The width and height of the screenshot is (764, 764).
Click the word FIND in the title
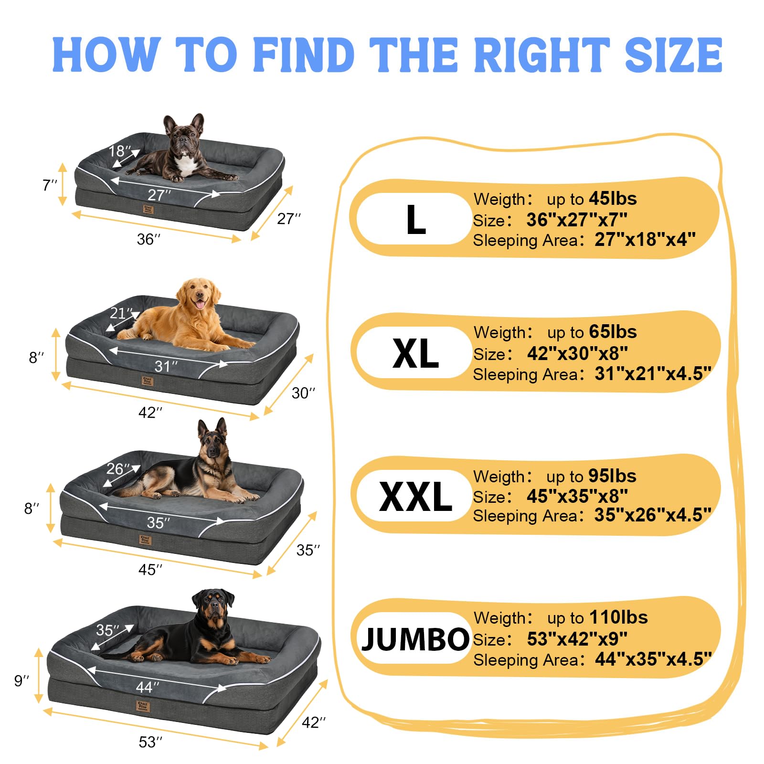[304, 55]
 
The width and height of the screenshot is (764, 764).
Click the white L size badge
[414, 219]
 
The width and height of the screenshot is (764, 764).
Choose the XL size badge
[414, 353]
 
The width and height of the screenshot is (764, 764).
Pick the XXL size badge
[414, 496]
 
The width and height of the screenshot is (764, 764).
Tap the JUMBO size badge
[414, 638]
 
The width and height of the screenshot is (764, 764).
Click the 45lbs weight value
[613, 199]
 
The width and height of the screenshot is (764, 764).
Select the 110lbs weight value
[618, 617]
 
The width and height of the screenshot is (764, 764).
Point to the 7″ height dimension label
[50, 185]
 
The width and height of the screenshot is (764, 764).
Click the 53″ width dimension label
[150, 742]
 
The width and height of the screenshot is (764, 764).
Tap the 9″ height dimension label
[21, 680]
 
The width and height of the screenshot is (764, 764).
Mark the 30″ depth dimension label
[303, 393]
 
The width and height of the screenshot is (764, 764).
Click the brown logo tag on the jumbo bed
[143, 706]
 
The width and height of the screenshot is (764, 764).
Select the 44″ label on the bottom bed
[148, 687]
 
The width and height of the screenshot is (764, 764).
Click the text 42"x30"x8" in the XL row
[577, 353]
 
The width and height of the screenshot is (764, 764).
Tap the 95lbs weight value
[612, 476]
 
